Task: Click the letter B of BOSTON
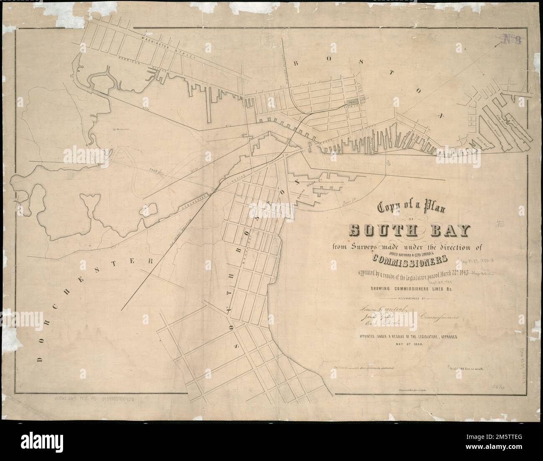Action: point(296,64)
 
